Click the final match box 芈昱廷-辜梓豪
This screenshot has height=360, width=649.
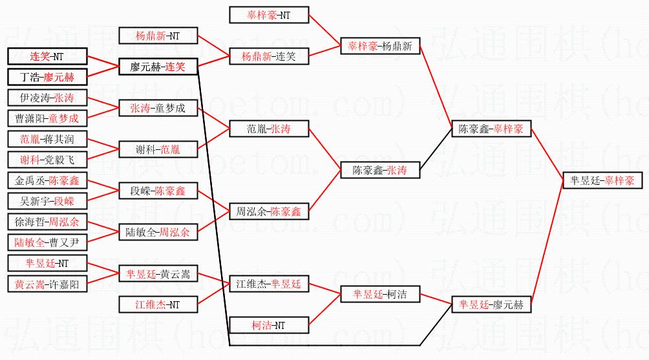602,180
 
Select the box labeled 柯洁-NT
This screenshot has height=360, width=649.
269,325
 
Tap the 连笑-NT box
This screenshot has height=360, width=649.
47,56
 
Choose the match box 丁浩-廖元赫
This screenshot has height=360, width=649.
47,77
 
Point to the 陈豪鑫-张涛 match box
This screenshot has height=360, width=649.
380,170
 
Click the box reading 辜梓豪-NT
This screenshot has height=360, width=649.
269,15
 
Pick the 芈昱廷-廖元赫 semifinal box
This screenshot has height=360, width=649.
491,304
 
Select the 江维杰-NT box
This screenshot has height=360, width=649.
158,304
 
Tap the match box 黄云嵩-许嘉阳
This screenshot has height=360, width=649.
47,284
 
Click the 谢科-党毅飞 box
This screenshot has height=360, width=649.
47,160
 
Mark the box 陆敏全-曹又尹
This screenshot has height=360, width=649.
47,242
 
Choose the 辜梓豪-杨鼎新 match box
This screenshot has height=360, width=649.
380,46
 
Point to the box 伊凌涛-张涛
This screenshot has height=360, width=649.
47,98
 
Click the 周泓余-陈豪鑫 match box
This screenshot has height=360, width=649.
269,211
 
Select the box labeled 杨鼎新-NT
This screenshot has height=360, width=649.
158,36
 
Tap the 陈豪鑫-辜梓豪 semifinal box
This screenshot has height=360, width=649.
491,129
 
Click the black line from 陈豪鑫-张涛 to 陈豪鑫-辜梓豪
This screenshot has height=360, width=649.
436,149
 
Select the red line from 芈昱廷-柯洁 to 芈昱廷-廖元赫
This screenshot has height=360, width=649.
436,299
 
